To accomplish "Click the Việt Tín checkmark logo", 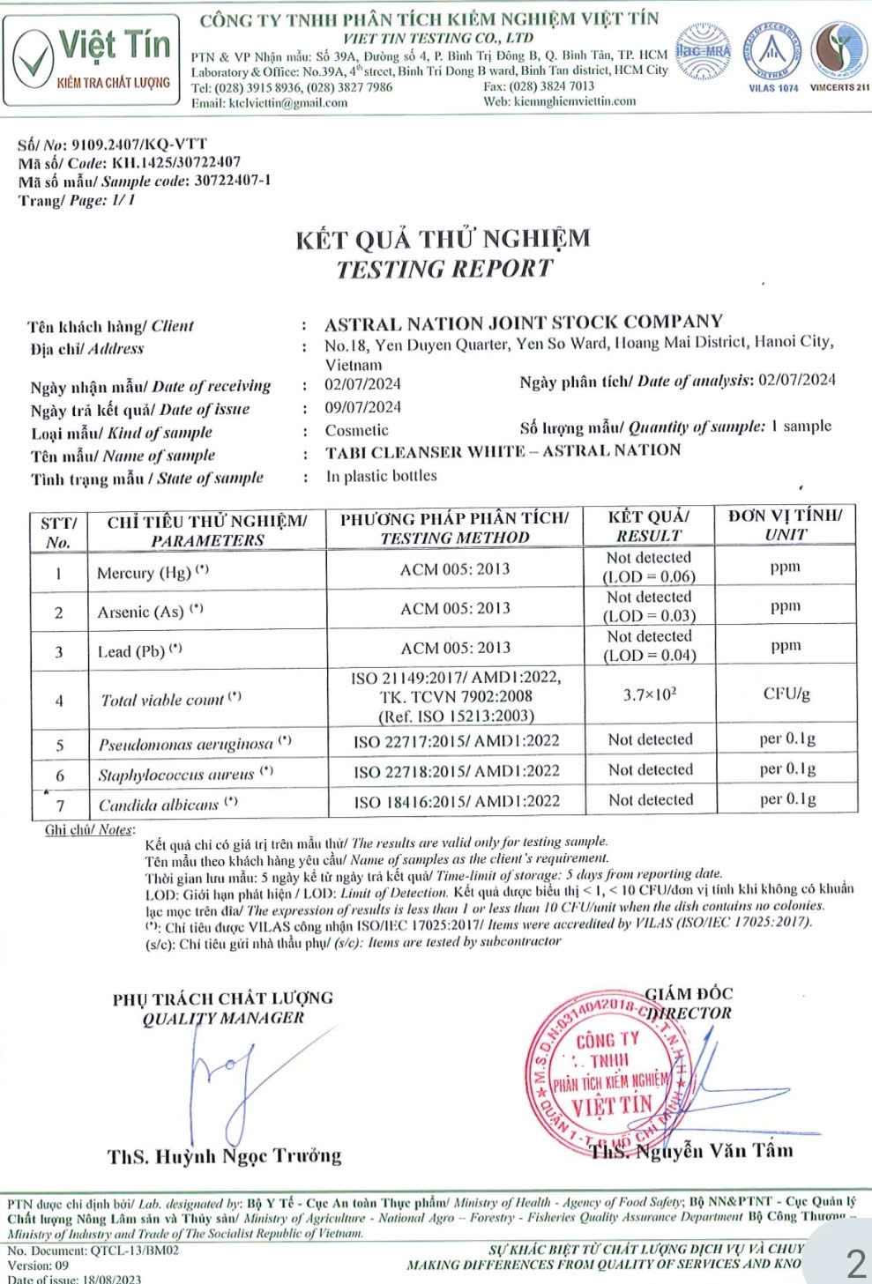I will (x=32, y=54).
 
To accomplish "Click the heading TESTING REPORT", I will (x=444, y=269).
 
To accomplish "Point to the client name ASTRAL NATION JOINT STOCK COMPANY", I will (x=524, y=323).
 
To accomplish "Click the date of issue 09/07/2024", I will (x=362, y=407).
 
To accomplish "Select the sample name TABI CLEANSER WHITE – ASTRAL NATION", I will (x=503, y=451).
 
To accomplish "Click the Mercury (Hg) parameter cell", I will (x=153, y=572).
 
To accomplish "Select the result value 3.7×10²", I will (x=649, y=694).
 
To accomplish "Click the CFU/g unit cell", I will (x=786, y=694).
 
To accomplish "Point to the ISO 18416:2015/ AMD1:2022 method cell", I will (x=456, y=801).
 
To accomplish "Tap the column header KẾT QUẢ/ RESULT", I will (x=649, y=526).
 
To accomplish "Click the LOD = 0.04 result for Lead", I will (x=649, y=655).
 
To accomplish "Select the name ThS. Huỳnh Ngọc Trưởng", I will (x=224, y=1155).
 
